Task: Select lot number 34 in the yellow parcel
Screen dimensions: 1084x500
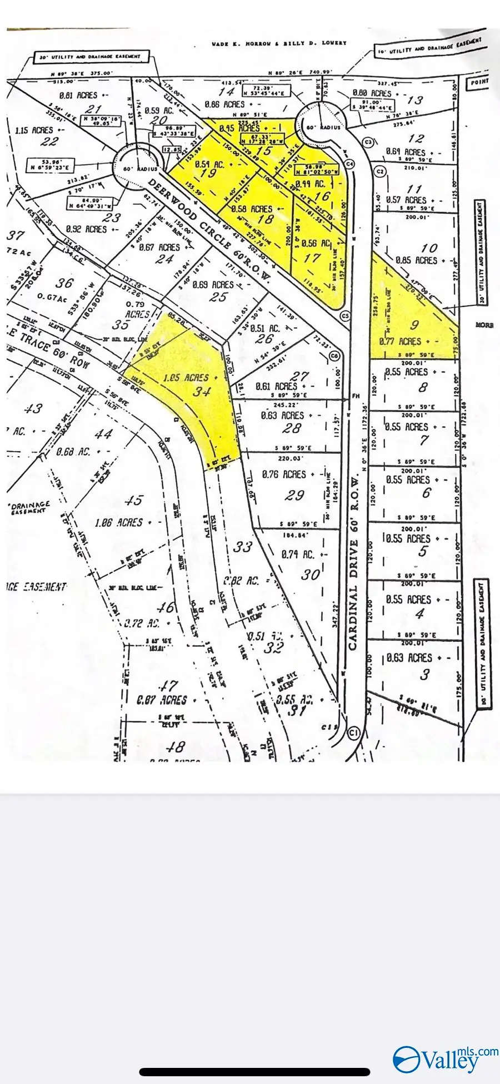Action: (202, 392)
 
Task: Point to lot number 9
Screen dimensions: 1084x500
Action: (414, 325)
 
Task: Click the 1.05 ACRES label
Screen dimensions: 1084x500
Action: (186, 378)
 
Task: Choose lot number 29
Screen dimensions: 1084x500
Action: (294, 494)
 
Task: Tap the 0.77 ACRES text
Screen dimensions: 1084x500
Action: (400, 341)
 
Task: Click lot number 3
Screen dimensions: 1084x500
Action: (425, 675)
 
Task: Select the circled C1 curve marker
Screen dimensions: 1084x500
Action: (354, 733)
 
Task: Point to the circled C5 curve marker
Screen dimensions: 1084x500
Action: (346, 316)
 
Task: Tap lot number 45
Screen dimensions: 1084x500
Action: (134, 500)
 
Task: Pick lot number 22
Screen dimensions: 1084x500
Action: (49, 141)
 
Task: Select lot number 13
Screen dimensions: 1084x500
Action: (414, 100)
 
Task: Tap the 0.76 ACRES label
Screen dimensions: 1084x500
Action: (285, 474)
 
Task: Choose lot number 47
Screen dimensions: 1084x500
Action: (168, 686)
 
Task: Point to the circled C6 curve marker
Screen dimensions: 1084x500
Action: (334, 356)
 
